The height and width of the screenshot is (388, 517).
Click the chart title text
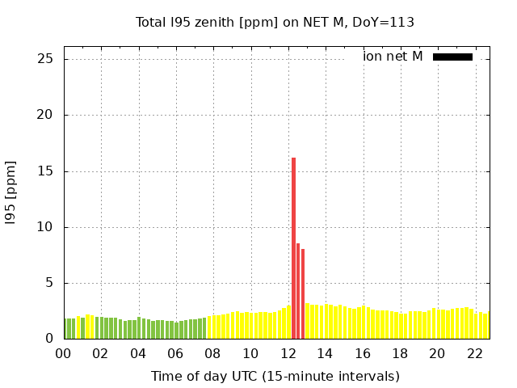pos(275,22)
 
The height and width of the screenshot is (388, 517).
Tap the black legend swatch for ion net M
pos(452,57)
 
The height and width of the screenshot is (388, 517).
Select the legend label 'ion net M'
pos(393,57)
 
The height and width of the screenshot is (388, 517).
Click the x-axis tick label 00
pos(64,353)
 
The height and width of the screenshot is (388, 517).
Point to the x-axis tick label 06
pos(175,353)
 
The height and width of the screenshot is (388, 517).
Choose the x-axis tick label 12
pos(288,353)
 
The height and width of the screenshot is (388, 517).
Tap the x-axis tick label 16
pos(362,353)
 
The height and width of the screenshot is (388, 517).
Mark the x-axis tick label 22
pos(474,353)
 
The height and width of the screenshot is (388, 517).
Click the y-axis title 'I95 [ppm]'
pos(11,193)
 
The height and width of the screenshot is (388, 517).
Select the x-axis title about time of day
pos(275,376)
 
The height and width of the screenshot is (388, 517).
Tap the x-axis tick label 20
pos(437,353)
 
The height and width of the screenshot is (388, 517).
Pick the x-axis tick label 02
pos(101,353)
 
